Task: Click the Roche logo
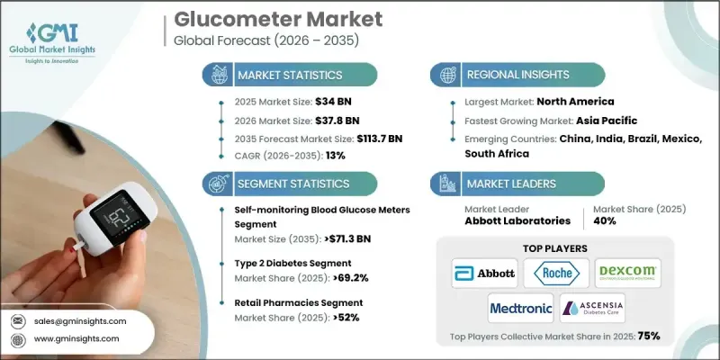560,273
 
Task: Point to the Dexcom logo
628,273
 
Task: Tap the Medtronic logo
520,308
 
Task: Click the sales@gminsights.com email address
82,320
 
